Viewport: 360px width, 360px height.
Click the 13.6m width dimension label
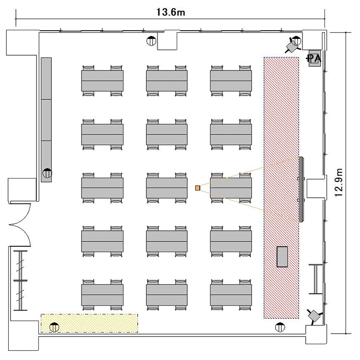[170, 12]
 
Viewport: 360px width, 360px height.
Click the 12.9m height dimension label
[339, 182]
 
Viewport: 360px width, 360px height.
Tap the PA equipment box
[314, 59]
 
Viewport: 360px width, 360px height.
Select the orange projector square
[198, 188]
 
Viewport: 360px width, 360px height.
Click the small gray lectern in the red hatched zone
[282, 257]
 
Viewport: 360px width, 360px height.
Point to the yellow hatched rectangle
[89, 323]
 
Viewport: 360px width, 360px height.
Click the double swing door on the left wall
[20, 225]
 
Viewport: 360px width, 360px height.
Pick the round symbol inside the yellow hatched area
[54, 327]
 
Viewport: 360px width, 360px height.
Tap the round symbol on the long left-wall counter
[48, 173]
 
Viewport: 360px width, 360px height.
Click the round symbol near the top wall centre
[151, 41]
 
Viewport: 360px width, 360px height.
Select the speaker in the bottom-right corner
[315, 316]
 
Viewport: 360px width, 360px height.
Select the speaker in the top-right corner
[292, 46]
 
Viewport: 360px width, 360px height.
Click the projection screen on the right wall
[301, 189]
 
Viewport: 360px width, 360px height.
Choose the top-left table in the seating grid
[102, 81]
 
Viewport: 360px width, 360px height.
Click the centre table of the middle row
[167, 188]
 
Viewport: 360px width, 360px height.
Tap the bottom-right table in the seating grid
[231, 295]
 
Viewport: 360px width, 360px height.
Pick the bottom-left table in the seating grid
[102, 295]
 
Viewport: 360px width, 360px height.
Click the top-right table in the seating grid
[231, 81]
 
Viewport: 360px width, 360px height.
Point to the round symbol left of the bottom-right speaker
[280, 327]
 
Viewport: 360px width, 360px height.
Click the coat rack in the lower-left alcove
[21, 280]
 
